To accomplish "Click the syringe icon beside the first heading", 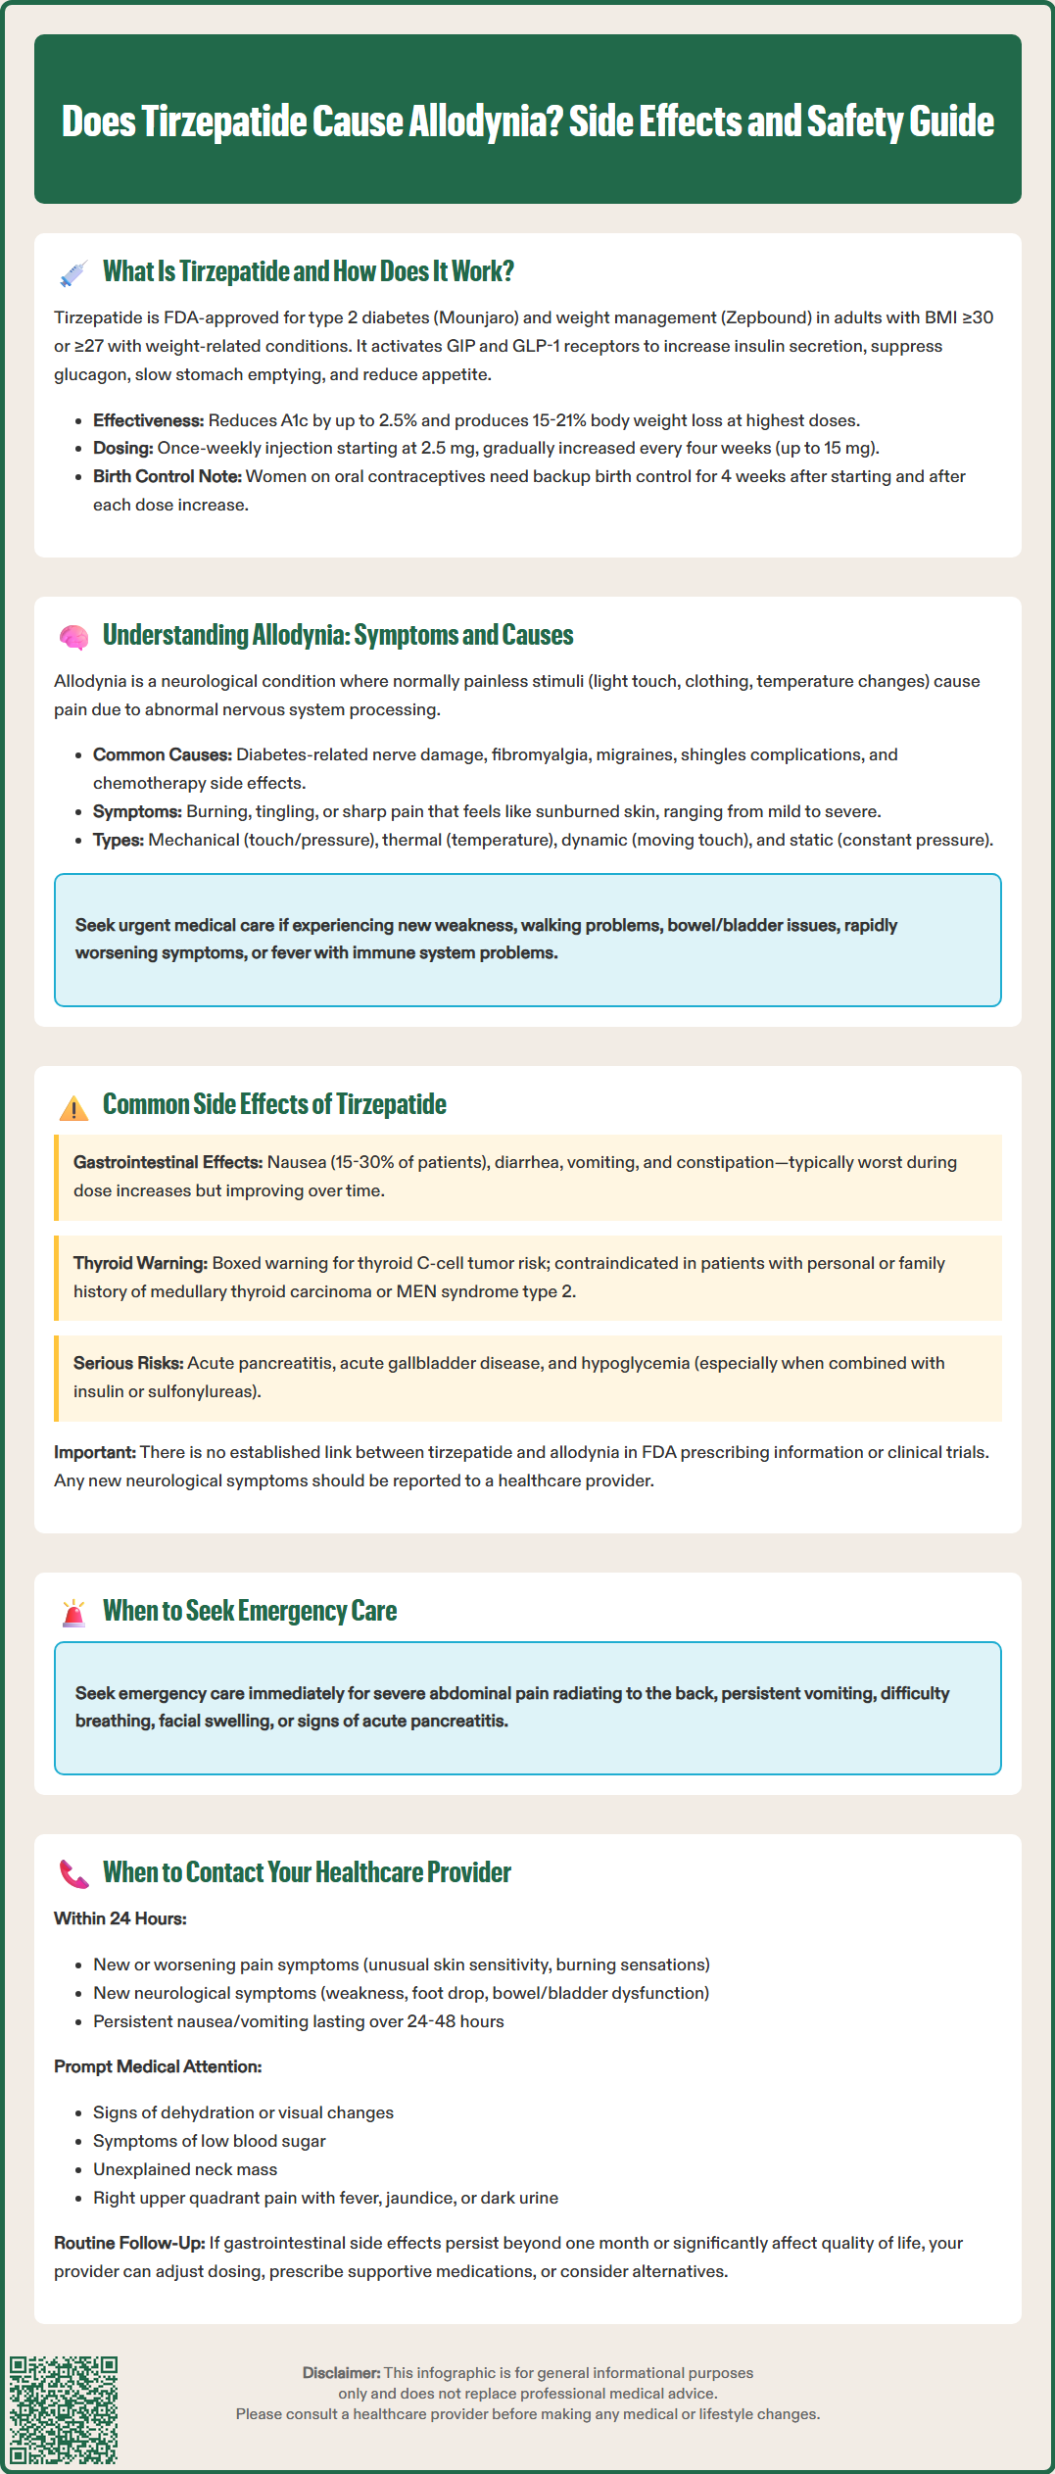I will pos(73,273).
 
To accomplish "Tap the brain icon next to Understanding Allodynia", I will pos(73,637).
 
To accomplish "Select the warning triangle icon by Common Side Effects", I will pos(73,1107).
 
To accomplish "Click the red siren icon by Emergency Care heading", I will pos(73,1613).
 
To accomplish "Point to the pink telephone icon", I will pos(73,1873).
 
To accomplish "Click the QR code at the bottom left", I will pos(64,2409).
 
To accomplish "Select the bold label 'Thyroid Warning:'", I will pos(140,1263).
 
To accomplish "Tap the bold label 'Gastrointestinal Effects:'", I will pos(168,1162).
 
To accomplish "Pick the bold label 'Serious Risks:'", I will pos(128,1363).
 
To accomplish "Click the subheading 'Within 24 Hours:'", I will pos(120,1918).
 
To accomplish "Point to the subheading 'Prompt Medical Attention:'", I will pos(158,2066).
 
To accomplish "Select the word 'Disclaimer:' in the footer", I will pos(341,2372).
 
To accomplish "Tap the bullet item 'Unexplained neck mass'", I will pos(185,2169).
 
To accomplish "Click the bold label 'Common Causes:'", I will pos(163,754).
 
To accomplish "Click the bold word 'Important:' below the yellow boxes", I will pos(95,1452).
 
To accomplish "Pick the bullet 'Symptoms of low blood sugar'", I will pos(209,2141).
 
